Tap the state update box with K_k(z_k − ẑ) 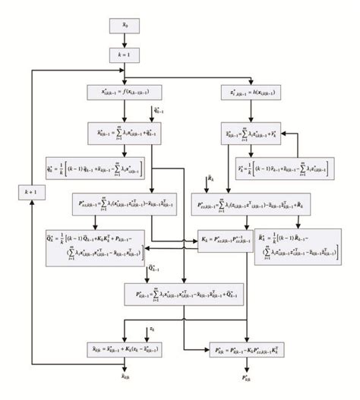(125, 349)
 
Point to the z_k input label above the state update (152, 329)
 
